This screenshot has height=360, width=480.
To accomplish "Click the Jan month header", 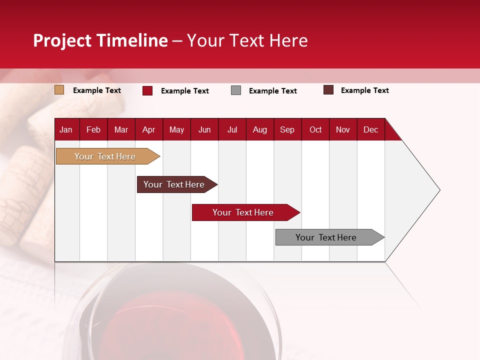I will (x=66, y=129).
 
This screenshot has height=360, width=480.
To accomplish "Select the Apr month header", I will (x=148, y=129).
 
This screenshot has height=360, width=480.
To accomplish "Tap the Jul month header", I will (x=232, y=129).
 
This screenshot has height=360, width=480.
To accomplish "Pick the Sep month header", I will (x=287, y=129).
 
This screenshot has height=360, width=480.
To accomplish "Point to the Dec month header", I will (x=370, y=129).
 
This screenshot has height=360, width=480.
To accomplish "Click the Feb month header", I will (x=93, y=129).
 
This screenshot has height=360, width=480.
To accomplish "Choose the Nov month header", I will (x=342, y=129).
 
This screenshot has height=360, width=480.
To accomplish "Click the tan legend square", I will (x=59, y=90).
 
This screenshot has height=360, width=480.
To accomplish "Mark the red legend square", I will (x=147, y=90).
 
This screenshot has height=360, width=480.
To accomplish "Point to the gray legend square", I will (x=236, y=90).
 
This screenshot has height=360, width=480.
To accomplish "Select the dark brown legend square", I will (x=328, y=90).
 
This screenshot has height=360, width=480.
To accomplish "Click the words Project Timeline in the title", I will (x=100, y=40).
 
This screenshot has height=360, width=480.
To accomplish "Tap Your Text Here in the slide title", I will (x=247, y=40).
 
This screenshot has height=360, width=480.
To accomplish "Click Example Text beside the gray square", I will (x=272, y=91).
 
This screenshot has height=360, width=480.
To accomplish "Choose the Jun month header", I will (x=204, y=129).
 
